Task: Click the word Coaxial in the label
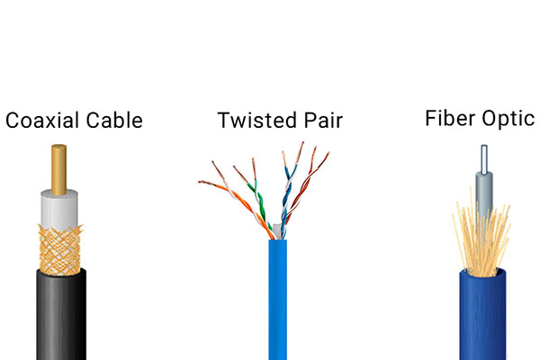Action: [x=42, y=121]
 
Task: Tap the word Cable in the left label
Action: [x=114, y=121]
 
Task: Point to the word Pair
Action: [x=323, y=121]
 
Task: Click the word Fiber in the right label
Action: [x=450, y=118]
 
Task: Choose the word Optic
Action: [x=508, y=119]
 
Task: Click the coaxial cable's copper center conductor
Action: [x=58, y=169]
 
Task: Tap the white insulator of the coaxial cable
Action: [x=59, y=209]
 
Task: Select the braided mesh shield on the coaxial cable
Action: [x=60, y=250]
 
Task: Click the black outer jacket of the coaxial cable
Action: [x=61, y=315]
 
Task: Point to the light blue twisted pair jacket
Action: [x=278, y=300]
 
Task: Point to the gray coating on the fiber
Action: [x=484, y=193]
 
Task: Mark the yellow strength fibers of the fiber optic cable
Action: [x=482, y=241]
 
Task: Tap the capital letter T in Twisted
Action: [x=223, y=121]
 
